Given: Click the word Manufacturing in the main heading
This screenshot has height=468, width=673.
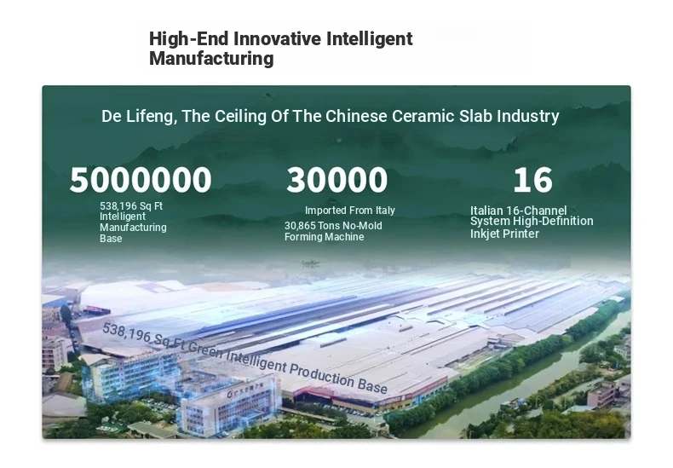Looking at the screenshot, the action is click(x=211, y=59).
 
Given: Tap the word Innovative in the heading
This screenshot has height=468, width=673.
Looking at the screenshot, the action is click(x=277, y=39).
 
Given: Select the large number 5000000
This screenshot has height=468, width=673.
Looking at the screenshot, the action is click(x=141, y=180).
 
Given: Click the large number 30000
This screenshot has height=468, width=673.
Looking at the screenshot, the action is click(x=337, y=180).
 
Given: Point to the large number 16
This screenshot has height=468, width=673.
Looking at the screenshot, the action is click(x=532, y=180).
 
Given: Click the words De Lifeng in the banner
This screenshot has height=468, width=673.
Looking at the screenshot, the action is click(x=138, y=116).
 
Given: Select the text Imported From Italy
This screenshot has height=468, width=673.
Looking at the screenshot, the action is click(x=350, y=211).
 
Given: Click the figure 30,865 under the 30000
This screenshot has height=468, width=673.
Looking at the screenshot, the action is click(x=300, y=226).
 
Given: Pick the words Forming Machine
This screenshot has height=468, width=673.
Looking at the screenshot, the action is click(x=324, y=237).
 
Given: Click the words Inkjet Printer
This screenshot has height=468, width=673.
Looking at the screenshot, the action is click(x=504, y=234).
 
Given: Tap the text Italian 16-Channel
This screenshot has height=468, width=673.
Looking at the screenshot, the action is click(x=519, y=211).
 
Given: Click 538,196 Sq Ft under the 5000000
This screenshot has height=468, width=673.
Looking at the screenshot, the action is click(x=131, y=206).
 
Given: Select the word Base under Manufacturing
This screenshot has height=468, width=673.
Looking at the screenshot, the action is click(x=111, y=239).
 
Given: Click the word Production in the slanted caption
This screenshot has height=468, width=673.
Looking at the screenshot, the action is click(x=321, y=373).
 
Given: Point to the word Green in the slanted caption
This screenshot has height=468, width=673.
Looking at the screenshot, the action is click(x=205, y=349).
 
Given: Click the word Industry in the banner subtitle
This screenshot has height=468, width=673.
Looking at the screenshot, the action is click(x=528, y=116).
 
